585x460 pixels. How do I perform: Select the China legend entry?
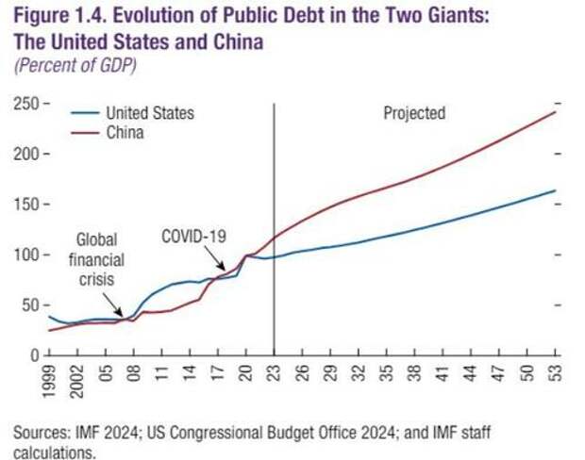(x=124, y=133)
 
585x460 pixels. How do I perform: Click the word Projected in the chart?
(x=413, y=113)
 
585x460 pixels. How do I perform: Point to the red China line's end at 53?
(x=555, y=112)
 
